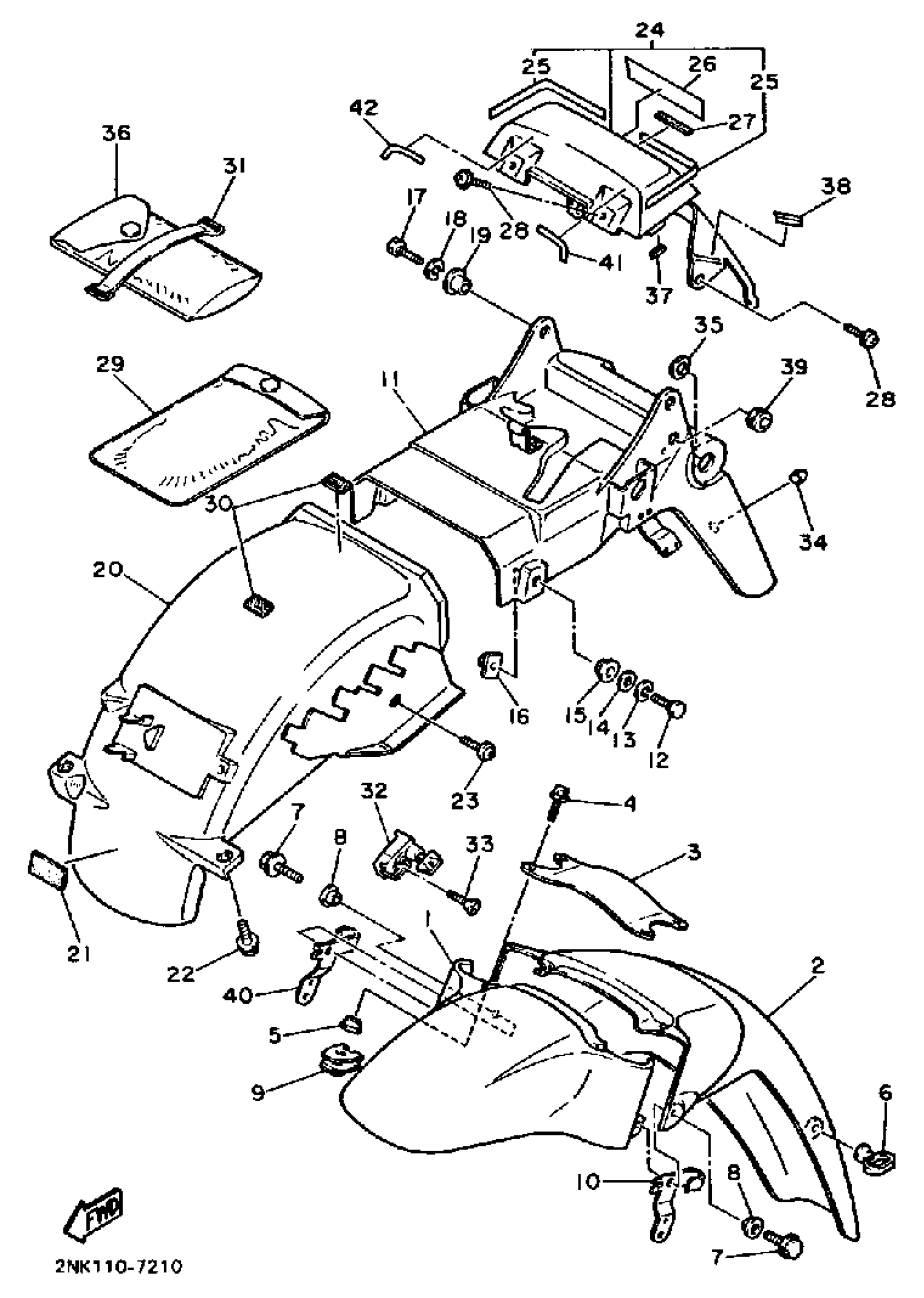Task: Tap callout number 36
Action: coord(116,133)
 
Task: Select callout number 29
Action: coord(110,364)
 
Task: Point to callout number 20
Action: coord(108,570)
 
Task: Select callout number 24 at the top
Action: coord(650,29)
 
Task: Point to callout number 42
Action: coord(364,108)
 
